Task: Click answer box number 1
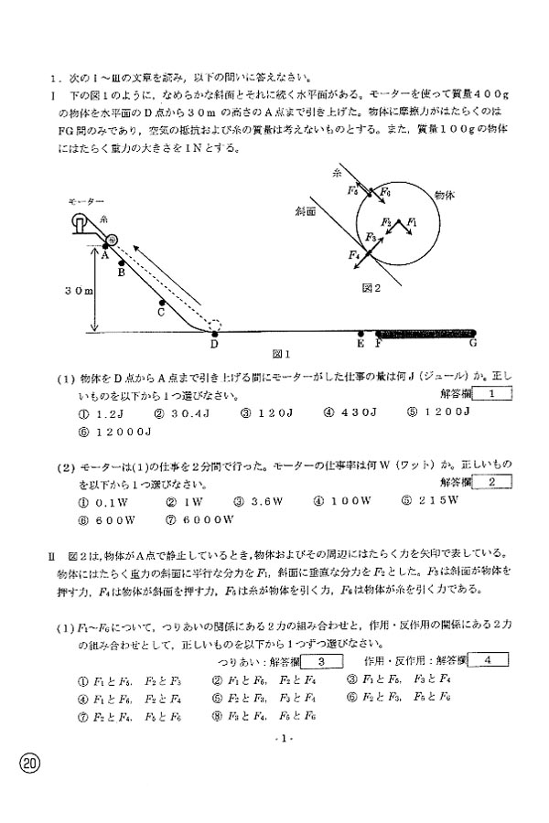point(492,394)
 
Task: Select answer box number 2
point(492,482)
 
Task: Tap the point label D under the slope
point(214,345)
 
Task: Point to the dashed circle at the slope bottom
point(214,325)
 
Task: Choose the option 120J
point(265,411)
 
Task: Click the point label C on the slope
point(161,311)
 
